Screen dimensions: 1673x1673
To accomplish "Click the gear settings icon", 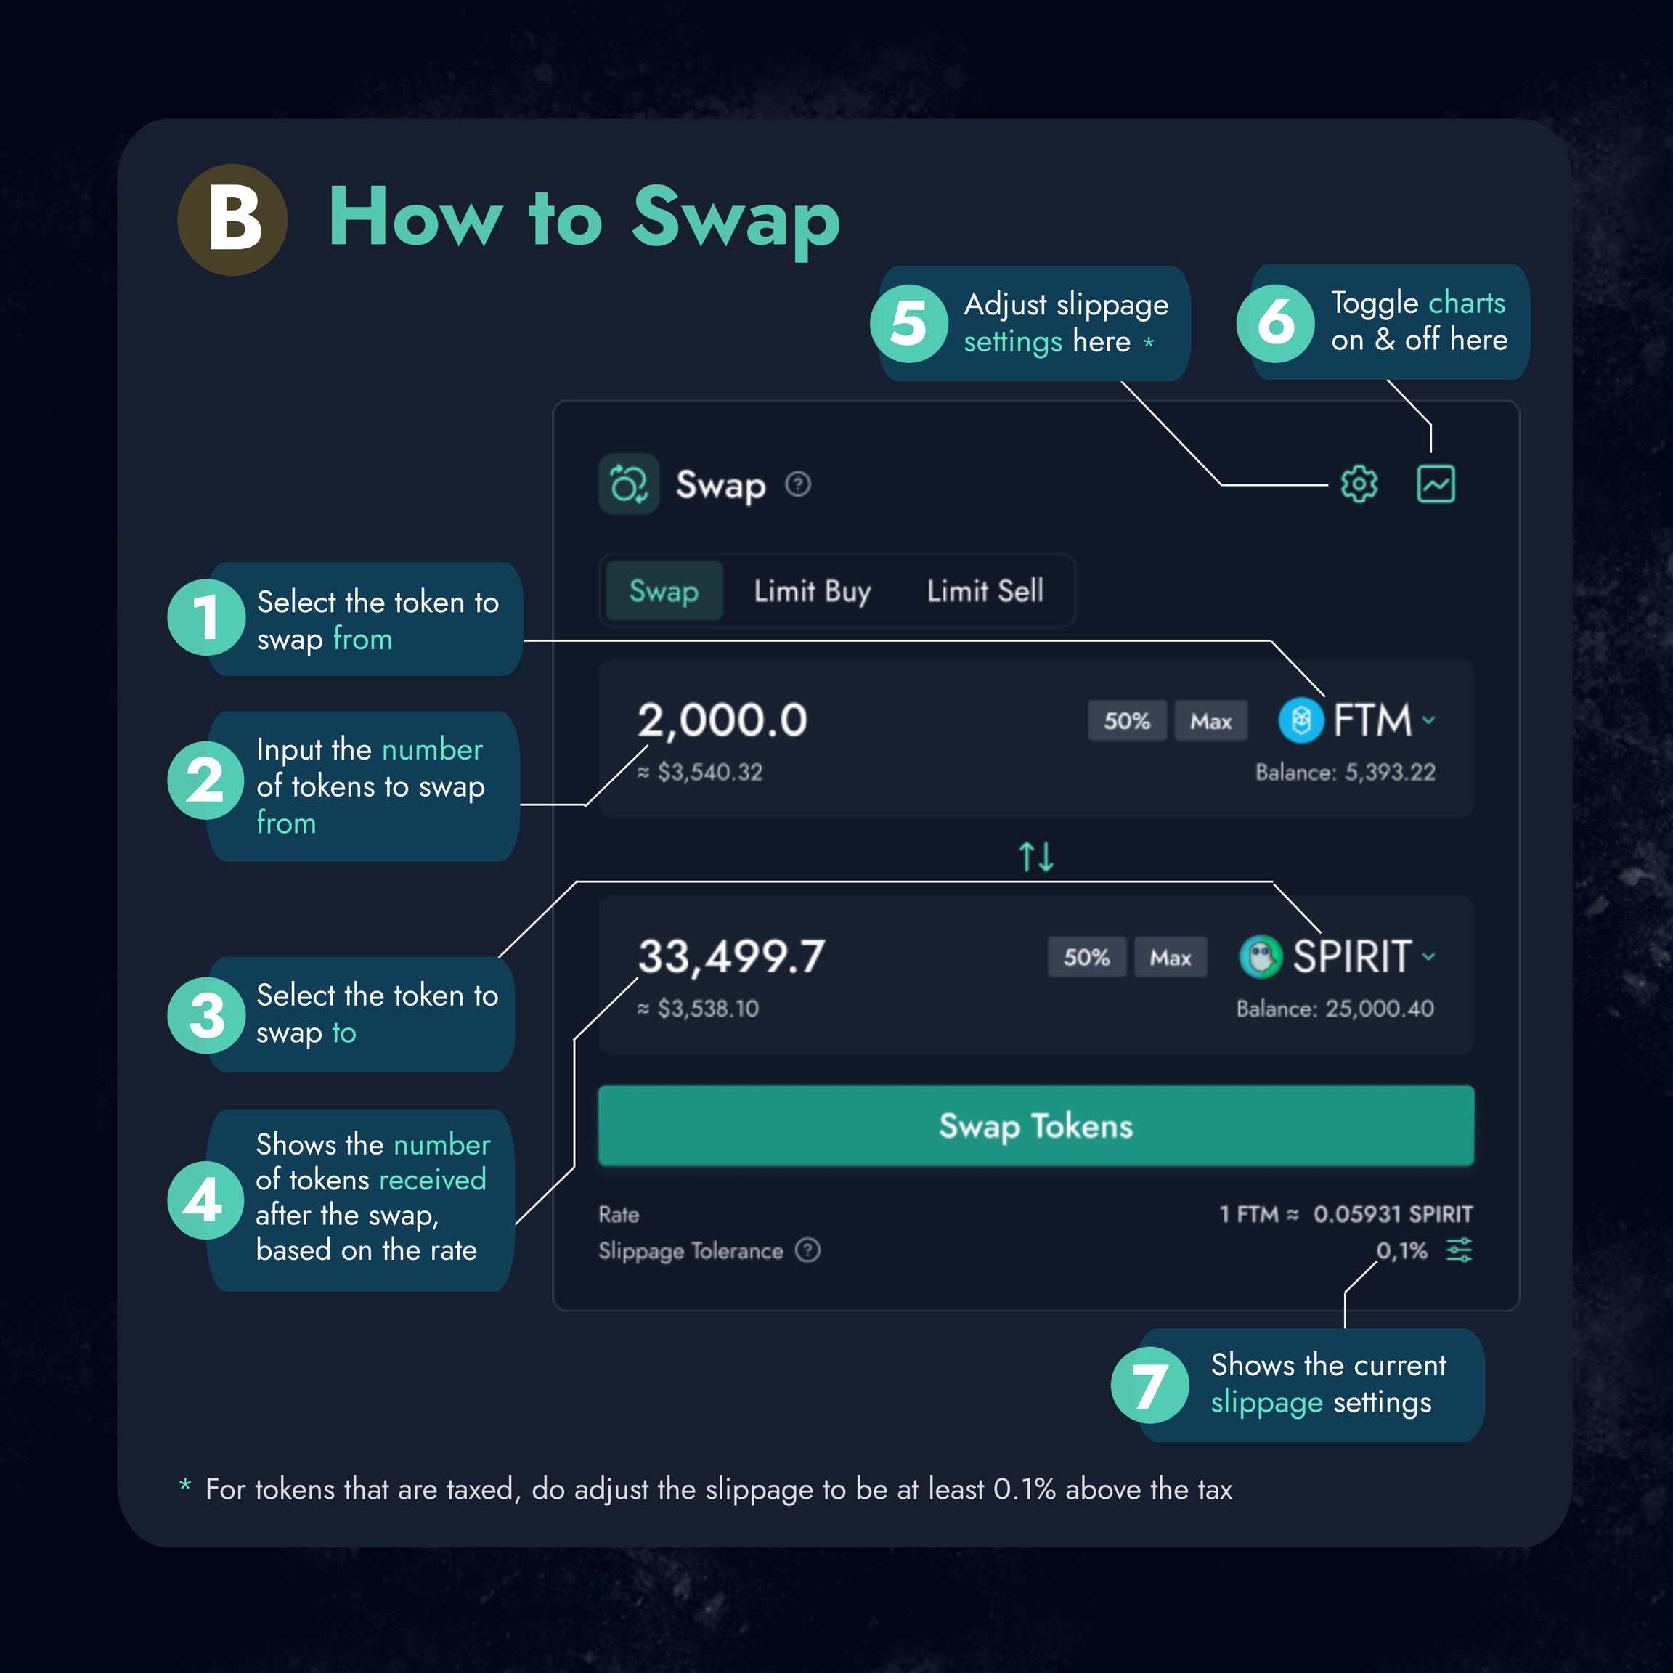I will click(x=1359, y=484).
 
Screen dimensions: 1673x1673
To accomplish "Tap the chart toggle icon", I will click(x=1436, y=484).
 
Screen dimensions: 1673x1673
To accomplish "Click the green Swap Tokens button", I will click(x=1035, y=1125).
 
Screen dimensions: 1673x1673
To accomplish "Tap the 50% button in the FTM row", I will click(x=1127, y=720).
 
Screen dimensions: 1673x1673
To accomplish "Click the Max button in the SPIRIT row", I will click(x=1170, y=957).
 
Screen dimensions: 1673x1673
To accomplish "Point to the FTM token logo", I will click(x=1300, y=720).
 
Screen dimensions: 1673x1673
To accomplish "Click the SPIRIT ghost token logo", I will click(x=1261, y=957).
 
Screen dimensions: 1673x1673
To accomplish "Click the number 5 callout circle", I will click(x=909, y=324).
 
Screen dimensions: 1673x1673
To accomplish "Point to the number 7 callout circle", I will click(x=1150, y=1385).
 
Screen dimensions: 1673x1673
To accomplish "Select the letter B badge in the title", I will click(x=232, y=220).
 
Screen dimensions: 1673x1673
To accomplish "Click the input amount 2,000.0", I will click(x=722, y=720).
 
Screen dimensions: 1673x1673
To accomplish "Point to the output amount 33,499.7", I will click(x=732, y=957).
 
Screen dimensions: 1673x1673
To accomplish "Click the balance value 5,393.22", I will click(x=1390, y=773).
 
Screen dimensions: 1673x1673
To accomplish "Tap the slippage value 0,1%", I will click(x=1402, y=1250).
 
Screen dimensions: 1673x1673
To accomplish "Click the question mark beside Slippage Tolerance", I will click(x=808, y=1250).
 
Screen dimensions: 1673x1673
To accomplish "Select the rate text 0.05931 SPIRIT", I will click(x=1393, y=1214).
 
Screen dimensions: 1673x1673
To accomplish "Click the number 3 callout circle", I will click(x=206, y=1015).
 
